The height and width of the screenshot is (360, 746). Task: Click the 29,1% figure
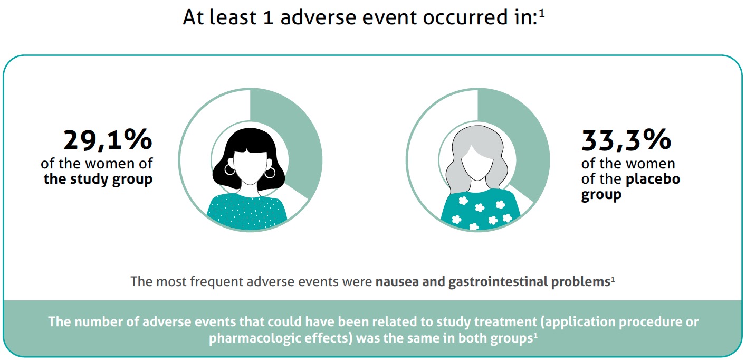click(x=108, y=140)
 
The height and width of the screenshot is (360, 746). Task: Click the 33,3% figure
click(x=626, y=140)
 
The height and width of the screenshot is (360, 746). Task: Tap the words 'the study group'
click(x=98, y=179)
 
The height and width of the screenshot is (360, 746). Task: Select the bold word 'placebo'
click(x=653, y=179)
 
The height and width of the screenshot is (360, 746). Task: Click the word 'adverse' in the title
click(x=318, y=17)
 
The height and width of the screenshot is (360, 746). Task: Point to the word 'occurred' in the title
click(x=463, y=17)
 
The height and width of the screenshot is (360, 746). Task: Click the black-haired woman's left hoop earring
click(x=229, y=169)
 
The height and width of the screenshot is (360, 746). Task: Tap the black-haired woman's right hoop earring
click(x=270, y=172)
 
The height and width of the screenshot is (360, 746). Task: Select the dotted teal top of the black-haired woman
click(x=247, y=212)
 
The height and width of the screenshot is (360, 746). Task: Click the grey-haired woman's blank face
click(x=477, y=163)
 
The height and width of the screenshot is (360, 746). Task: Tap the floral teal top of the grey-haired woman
click(x=480, y=210)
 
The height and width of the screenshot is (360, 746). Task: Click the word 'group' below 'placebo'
click(x=601, y=195)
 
